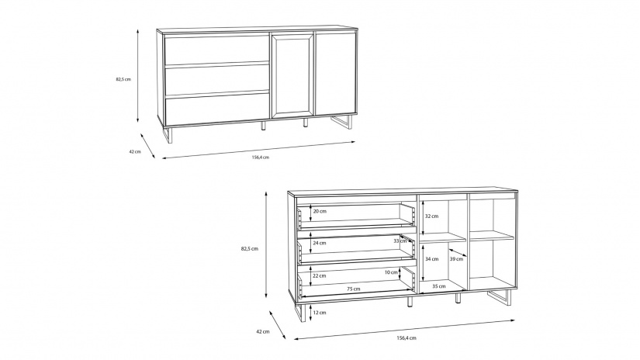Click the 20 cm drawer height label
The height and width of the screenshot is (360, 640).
click(320, 212)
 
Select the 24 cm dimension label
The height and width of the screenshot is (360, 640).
click(319, 243)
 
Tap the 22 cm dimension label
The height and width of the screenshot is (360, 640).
click(319, 275)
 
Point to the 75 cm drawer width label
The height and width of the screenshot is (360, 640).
click(354, 289)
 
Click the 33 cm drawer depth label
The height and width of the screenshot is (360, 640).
click(400, 241)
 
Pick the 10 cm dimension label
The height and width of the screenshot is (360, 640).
click(391, 272)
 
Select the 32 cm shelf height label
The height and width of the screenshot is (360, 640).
click(431, 216)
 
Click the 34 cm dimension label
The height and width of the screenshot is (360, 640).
click(431, 259)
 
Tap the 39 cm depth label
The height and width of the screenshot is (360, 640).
click(456, 259)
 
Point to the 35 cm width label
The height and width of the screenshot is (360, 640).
click(439, 286)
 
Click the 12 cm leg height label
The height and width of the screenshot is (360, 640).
click(319, 313)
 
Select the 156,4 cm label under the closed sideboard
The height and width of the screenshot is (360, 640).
click(261, 157)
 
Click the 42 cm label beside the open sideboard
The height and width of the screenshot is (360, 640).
click(263, 331)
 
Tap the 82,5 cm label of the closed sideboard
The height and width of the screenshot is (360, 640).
click(123, 80)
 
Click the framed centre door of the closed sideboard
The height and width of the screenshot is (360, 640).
click(292, 75)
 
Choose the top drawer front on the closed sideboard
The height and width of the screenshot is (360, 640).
click(216, 50)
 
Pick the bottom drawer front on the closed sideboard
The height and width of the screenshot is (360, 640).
click(216, 109)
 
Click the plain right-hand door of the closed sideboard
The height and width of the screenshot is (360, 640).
click(335, 74)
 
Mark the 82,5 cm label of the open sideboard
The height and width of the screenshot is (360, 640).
click(249, 248)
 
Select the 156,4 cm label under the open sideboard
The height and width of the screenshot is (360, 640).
click(406, 338)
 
